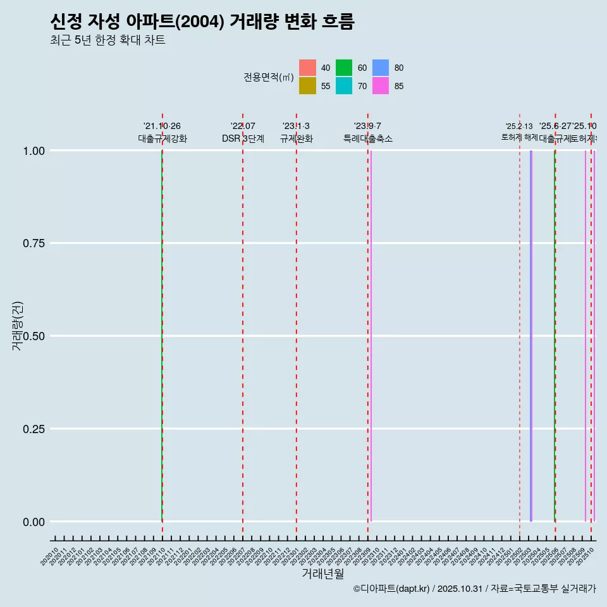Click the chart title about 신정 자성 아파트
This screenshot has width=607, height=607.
[x=202, y=21]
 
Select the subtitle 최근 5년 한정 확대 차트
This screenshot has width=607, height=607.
[x=107, y=40]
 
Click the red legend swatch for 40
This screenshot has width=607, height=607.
[x=307, y=68]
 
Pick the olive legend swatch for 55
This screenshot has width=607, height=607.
[x=307, y=86]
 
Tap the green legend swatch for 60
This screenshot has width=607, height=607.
[x=344, y=68]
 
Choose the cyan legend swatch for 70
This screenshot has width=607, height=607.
[x=344, y=86]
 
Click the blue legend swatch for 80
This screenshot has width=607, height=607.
[x=381, y=68]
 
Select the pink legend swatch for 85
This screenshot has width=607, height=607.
[x=381, y=86]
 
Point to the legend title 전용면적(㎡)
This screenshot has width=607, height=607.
[x=269, y=77]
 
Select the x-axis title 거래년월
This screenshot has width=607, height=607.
[x=322, y=573]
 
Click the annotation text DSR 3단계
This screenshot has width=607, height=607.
[x=243, y=138]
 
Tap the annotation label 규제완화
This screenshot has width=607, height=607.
[x=297, y=138]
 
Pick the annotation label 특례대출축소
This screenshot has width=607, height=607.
[x=368, y=138]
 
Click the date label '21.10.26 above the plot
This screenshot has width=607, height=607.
[x=162, y=126]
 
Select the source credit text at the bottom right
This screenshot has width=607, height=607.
[x=474, y=589]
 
